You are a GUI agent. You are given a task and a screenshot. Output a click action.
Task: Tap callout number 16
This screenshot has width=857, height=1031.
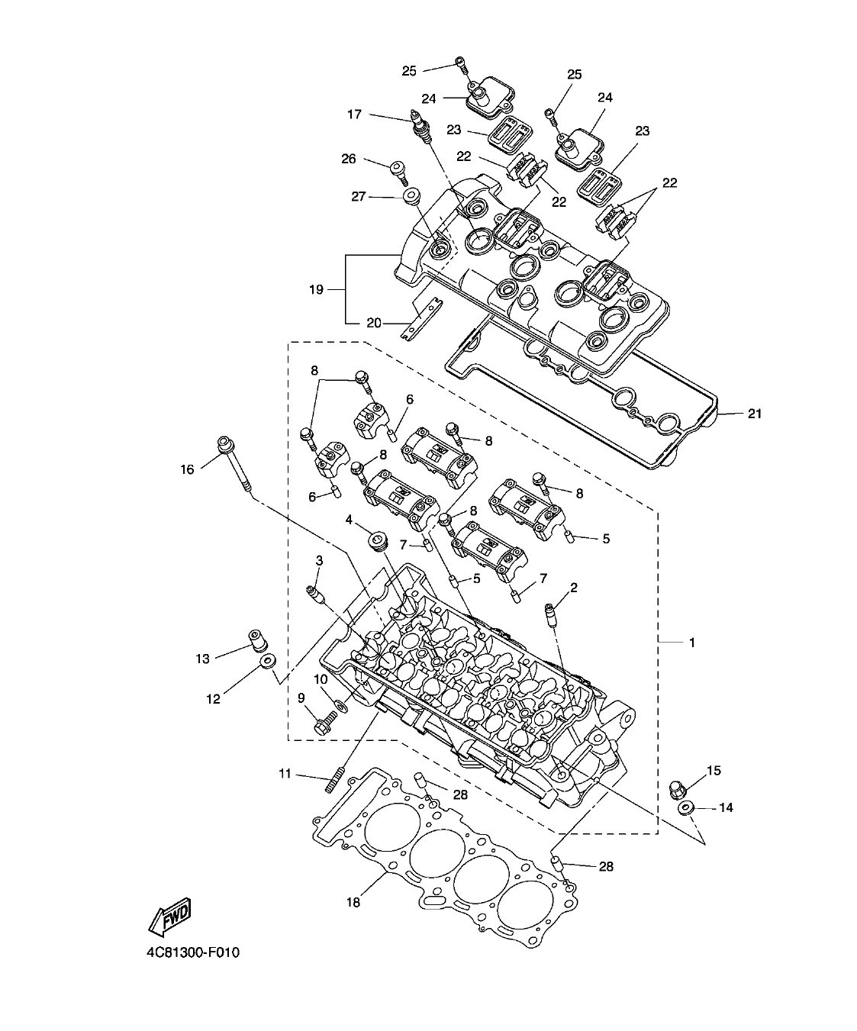pyautogui.click(x=188, y=469)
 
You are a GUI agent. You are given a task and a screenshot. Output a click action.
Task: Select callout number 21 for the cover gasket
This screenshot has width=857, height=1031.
pyautogui.click(x=754, y=414)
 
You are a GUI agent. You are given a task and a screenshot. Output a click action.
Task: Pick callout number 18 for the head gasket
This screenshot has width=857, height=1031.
pyautogui.click(x=353, y=901)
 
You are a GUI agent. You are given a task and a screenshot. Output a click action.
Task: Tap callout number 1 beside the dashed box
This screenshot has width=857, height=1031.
pyautogui.click(x=691, y=643)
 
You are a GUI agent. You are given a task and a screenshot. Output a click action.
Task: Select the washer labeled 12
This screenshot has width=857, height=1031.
pyautogui.click(x=267, y=661)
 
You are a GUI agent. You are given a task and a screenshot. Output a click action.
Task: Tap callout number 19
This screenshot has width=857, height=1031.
pyautogui.click(x=316, y=289)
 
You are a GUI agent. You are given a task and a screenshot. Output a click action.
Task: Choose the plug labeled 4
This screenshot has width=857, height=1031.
pyautogui.click(x=377, y=542)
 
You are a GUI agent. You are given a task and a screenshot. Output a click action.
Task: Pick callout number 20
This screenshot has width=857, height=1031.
pyautogui.click(x=374, y=323)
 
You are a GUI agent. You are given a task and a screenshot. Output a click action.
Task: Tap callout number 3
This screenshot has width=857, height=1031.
pyautogui.click(x=319, y=561)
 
